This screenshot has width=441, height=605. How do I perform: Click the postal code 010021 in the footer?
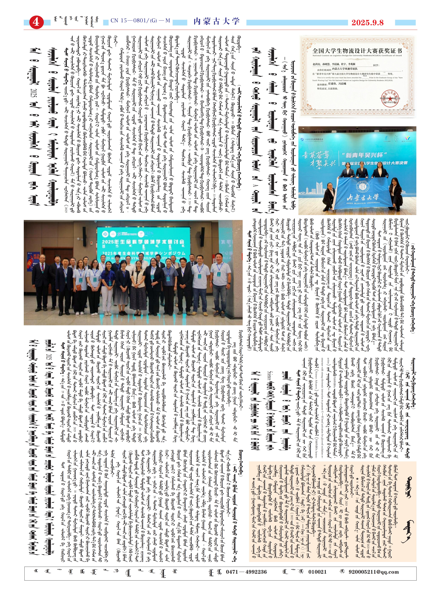317,572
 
